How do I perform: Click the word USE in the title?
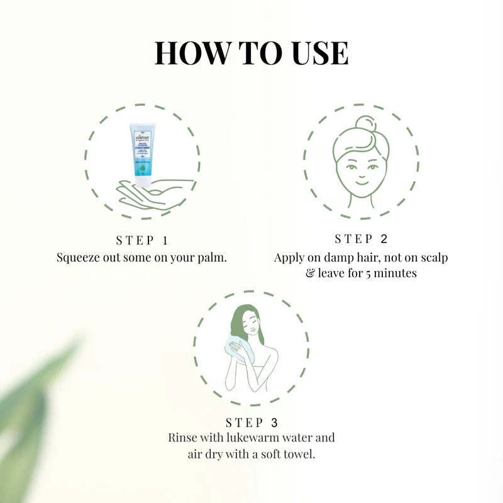(318, 53)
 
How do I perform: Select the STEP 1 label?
(143, 241)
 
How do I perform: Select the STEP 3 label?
(251, 423)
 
